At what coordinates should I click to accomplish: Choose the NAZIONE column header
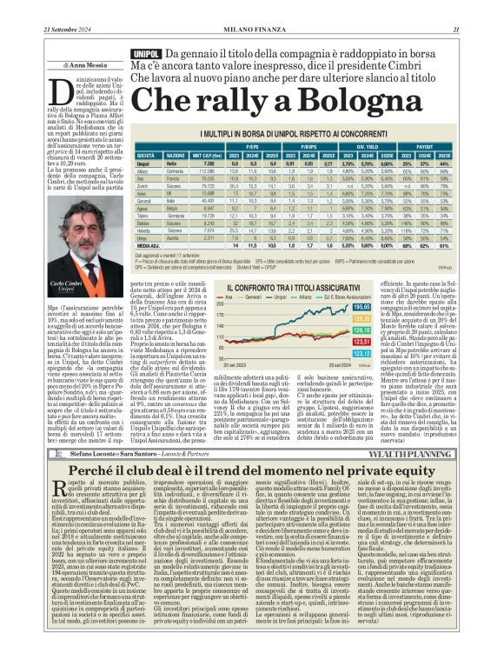click(x=180, y=155)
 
